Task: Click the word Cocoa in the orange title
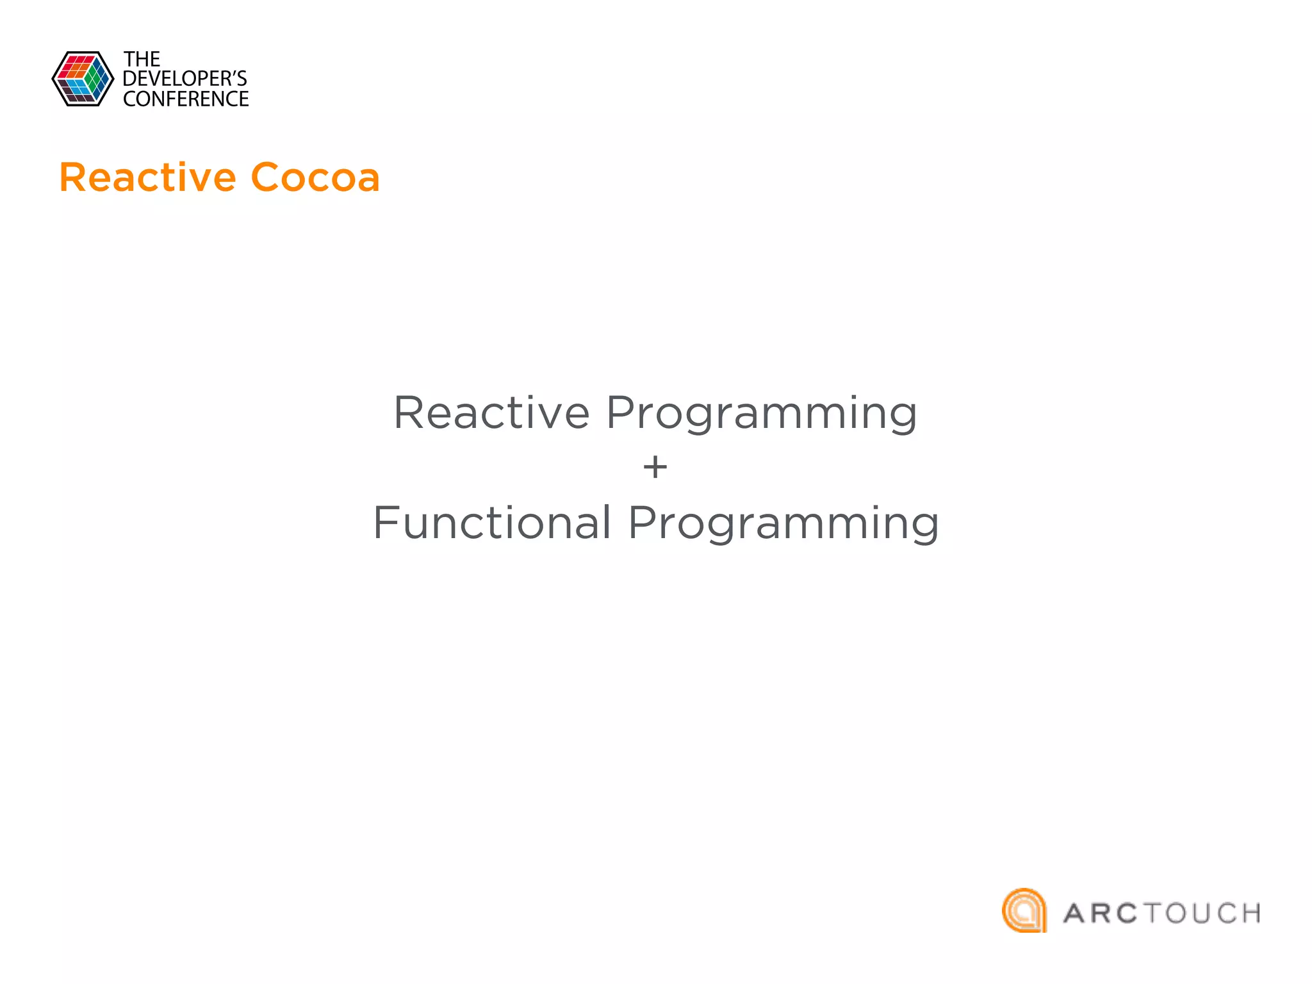point(315,177)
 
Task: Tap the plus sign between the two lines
point(655,467)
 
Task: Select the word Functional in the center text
point(492,523)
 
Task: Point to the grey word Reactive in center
point(491,413)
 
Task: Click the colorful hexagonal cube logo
point(83,79)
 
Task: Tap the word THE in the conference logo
point(142,60)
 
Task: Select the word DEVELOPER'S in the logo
point(184,79)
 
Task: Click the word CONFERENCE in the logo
point(186,99)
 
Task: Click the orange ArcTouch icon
point(1024,910)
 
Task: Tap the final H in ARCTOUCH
point(1249,914)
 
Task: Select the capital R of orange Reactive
point(74,177)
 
